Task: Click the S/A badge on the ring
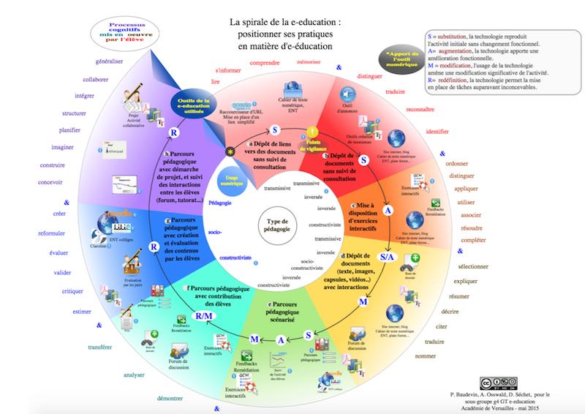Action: coord(388,257)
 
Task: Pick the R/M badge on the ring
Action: coord(203,316)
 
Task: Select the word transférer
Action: coord(100,347)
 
